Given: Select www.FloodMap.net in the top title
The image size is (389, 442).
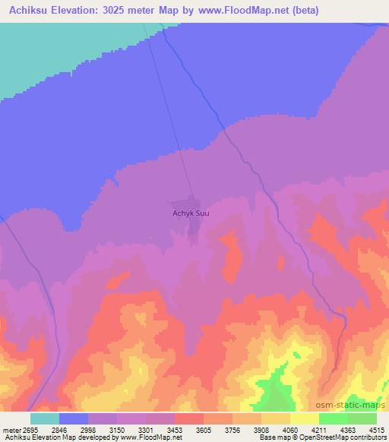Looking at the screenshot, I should (x=238, y=11).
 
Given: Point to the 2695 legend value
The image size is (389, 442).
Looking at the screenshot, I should (x=27, y=429).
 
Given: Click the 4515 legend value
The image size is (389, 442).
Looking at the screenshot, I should (x=377, y=429).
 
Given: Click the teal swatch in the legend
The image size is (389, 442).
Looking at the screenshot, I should (x=45, y=418).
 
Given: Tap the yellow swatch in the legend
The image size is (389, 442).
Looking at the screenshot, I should (x=304, y=418).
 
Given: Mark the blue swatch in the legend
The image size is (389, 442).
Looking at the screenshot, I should (x=74, y=418).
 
